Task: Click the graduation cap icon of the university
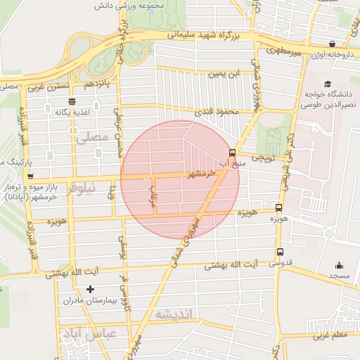pyautogui.click(x=328, y=84)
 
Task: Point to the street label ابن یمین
pyautogui.click(x=224, y=73)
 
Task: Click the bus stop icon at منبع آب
pyautogui.click(x=232, y=153)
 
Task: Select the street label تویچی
pyautogui.click(x=263, y=158)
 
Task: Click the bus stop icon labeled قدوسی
pyautogui.click(x=281, y=252)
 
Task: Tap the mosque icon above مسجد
pyautogui.click(x=340, y=266)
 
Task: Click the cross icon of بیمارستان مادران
pyautogui.click(x=89, y=289)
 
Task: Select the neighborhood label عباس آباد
pyautogui.click(x=83, y=333)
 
